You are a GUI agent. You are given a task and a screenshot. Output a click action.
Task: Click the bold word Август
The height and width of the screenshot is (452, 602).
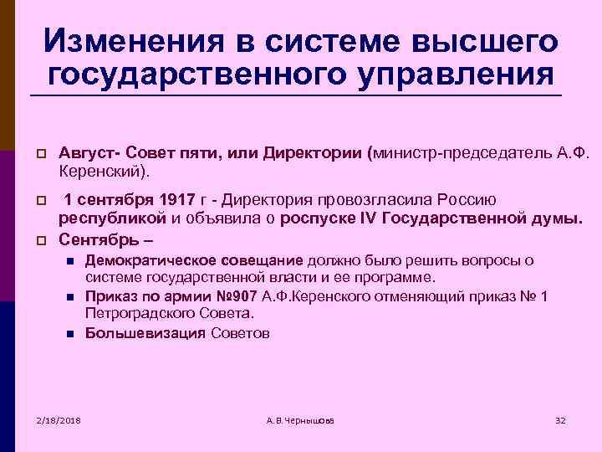pos(85,154)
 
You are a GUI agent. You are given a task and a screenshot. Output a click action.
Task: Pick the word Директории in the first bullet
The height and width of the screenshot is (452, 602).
pos(300,154)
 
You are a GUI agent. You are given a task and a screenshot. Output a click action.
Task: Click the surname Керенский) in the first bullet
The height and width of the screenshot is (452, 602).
pos(105,172)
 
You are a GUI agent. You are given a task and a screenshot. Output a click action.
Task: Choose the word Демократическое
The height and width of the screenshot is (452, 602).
pos(140,260)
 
